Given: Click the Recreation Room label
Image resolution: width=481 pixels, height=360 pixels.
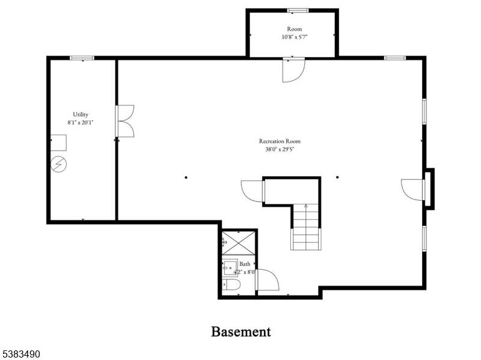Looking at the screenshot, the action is click(x=280, y=141).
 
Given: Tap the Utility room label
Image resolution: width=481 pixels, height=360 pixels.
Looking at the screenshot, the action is click(x=81, y=114).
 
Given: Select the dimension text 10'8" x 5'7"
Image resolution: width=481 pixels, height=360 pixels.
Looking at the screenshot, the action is click(x=295, y=37).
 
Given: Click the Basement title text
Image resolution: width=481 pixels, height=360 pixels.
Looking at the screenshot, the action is click(x=241, y=332).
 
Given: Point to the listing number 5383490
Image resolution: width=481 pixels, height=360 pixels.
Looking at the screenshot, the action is click(x=20, y=354).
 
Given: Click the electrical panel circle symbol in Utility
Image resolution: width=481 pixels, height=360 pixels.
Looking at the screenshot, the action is click(x=58, y=164).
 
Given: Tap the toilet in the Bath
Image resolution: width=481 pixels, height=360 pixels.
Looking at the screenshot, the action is click(x=231, y=284).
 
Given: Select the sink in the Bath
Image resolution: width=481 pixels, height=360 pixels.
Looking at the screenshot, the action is click(x=230, y=267).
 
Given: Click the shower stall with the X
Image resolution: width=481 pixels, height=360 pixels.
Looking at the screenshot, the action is click(x=238, y=243).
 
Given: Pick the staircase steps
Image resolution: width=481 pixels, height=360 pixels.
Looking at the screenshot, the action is click(x=306, y=227).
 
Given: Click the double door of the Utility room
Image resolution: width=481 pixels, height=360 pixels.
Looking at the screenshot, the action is click(x=125, y=121).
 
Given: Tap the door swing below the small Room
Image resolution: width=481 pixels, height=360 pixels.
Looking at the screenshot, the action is click(x=293, y=70).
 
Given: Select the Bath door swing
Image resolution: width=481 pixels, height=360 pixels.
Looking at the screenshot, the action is click(x=268, y=279).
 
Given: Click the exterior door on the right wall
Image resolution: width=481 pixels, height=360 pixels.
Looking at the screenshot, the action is click(x=413, y=190).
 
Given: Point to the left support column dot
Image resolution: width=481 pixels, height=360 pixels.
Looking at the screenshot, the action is click(x=186, y=177).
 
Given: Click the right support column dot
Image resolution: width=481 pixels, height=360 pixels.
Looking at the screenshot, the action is click(x=337, y=177).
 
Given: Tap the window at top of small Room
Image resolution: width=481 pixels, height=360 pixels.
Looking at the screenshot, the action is click(x=298, y=10).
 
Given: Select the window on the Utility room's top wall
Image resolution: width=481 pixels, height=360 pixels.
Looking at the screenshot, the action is click(x=82, y=58).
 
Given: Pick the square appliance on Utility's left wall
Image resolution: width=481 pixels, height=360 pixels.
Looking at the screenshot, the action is click(x=58, y=142).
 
